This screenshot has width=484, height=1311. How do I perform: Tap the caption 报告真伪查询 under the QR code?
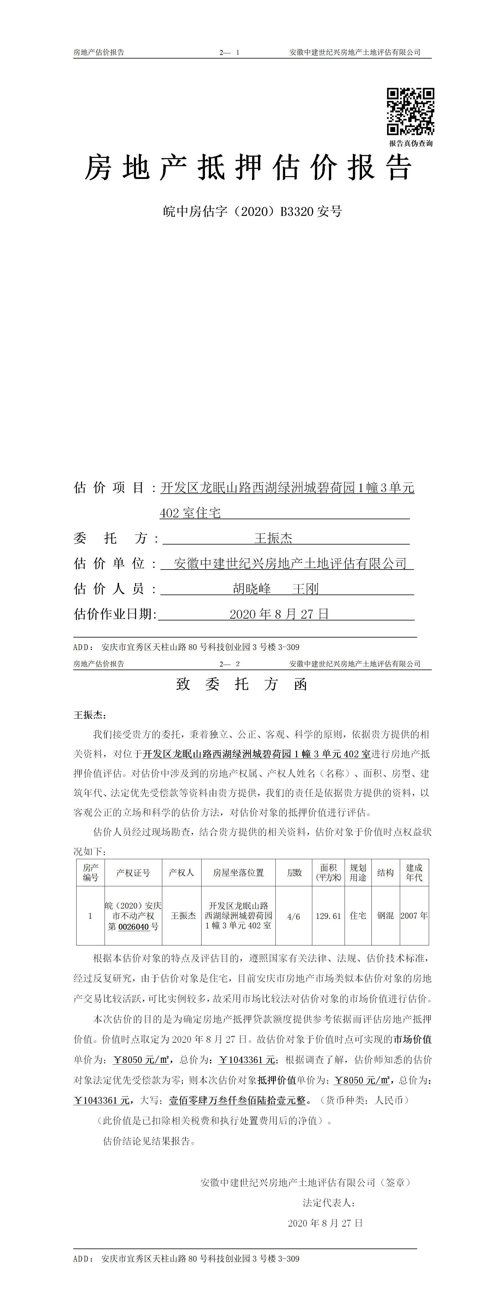411,144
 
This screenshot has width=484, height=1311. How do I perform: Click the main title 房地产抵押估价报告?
248,168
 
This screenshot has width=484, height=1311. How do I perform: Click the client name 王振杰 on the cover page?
273,538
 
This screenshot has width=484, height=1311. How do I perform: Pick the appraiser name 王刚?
305,589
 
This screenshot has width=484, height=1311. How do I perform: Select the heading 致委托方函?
242,684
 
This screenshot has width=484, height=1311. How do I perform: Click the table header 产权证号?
133,873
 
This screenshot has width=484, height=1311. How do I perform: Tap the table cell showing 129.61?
328,916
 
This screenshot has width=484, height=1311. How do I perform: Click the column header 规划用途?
358,873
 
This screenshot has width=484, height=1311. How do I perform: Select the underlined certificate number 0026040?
133,927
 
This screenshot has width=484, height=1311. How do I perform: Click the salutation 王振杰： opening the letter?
90,715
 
